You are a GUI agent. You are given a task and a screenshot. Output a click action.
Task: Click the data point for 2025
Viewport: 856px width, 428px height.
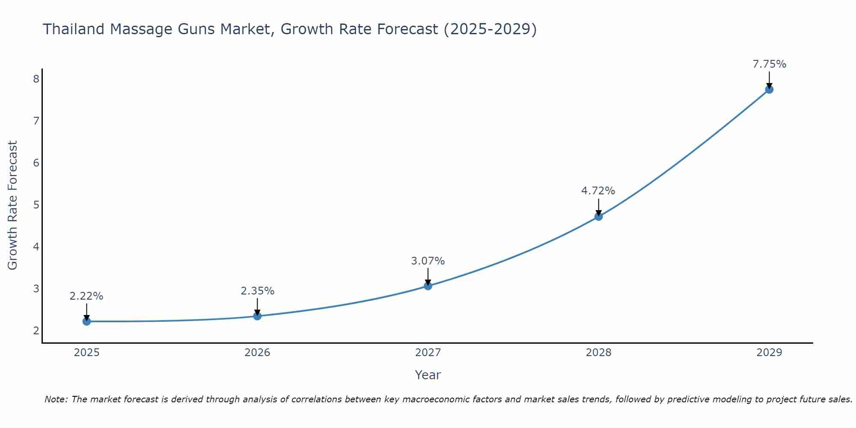click(86, 321)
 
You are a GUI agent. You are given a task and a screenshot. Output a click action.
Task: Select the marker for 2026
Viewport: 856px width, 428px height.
click(257, 316)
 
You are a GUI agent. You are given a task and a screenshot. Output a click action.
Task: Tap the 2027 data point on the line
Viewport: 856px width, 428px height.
click(428, 286)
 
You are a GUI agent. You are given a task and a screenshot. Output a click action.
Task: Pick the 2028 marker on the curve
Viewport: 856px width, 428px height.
click(598, 217)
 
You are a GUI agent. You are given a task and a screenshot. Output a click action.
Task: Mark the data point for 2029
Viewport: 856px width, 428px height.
click(769, 89)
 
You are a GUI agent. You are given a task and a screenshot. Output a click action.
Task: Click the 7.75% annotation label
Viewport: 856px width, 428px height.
click(769, 64)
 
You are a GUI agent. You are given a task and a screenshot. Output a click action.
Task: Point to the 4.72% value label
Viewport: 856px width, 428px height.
click(598, 191)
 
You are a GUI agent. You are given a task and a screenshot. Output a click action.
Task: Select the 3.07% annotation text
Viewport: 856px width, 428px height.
click(428, 261)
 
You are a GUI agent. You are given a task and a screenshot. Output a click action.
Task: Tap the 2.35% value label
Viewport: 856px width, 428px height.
click(257, 291)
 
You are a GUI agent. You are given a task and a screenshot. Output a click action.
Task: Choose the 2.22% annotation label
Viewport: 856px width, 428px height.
click(86, 296)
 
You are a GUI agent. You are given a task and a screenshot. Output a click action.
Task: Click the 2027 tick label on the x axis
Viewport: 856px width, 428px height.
click(428, 353)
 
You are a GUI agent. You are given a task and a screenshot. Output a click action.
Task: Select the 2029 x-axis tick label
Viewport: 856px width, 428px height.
click(769, 353)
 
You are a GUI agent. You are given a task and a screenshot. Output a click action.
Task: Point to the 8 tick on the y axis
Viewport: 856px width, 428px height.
click(36, 79)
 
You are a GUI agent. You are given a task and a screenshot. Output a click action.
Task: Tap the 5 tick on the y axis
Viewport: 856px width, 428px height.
click(36, 205)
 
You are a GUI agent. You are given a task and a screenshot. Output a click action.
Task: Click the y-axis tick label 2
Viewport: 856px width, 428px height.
click(36, 330)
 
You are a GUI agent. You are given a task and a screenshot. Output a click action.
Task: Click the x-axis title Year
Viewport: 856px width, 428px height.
click(428, 375)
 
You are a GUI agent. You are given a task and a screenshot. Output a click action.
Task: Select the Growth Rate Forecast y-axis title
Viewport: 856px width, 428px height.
click(13, 205)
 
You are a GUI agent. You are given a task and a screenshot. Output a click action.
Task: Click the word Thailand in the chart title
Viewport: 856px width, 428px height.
click(74, 29)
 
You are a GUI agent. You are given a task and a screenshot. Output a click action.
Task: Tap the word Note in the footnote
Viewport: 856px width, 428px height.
click(56, 399)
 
